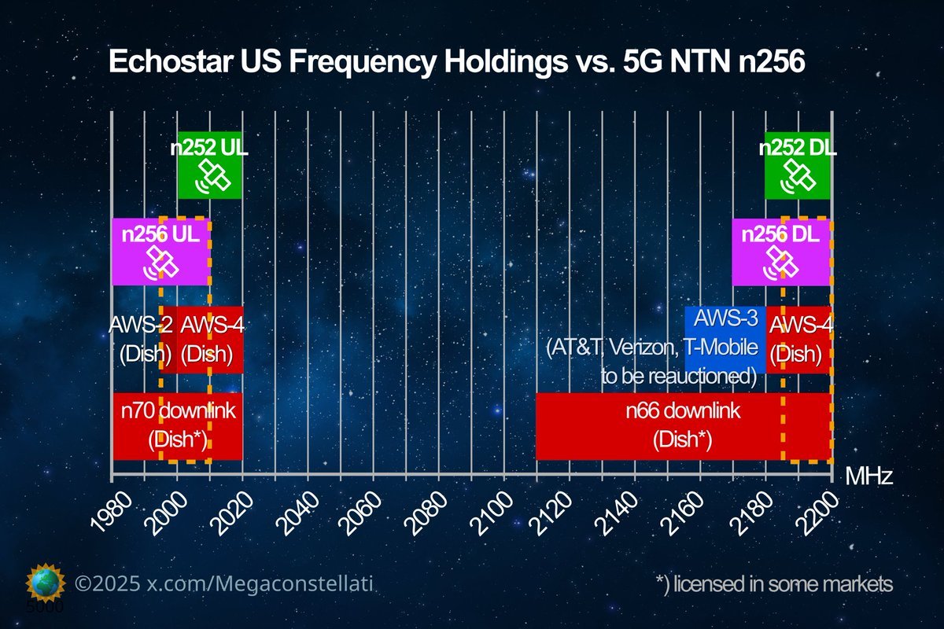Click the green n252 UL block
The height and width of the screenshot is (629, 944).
tap(209, 165)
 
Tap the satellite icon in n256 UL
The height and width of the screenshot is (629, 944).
tap(162, 263)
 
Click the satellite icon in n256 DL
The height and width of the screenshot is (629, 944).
tap(783, 263)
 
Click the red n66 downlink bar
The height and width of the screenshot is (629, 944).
tap(683, 425)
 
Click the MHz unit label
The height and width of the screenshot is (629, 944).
tap(868, 476)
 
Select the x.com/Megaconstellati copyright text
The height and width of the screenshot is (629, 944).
tap(223, 584)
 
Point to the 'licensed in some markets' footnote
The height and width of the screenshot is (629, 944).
tap(774, 584)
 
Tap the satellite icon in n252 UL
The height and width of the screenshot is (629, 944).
tap(215, 176)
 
